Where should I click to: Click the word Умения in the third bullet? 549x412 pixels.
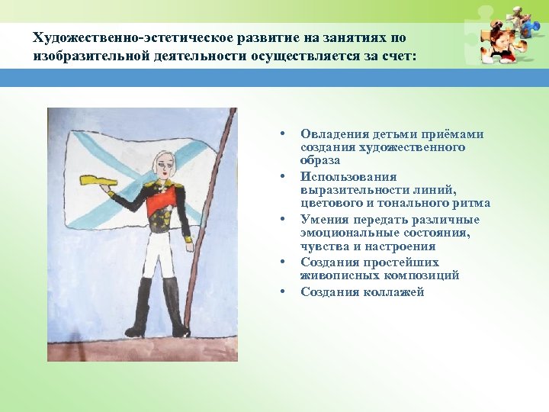(323, 220)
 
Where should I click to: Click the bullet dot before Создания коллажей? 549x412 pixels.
(282, 291)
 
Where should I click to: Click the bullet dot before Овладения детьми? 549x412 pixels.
(282, 134)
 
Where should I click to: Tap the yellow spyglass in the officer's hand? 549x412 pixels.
(98, 179)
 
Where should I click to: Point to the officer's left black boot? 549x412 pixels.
(140, 307)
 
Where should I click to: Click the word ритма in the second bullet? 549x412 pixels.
(473, 204)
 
